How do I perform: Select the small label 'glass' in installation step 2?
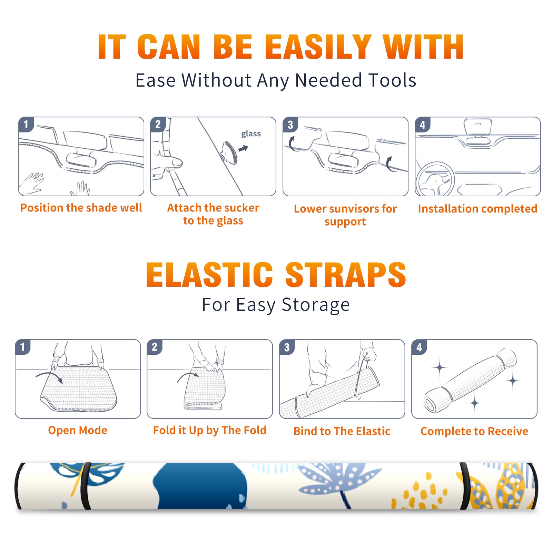tap(251, 134)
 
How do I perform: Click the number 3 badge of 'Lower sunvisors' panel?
tap(290, 125)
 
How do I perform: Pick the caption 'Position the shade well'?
tap(81, 208)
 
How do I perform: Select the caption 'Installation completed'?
tap(477, 208)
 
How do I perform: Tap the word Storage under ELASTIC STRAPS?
tap(316, 305)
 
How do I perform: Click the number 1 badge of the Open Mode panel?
tap(23, 347)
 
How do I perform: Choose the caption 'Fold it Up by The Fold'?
tap(210, 430)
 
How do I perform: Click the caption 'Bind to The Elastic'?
tap(342, 431)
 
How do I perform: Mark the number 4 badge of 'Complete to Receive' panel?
tap(419, 347)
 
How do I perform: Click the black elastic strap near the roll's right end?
tap(465, 486)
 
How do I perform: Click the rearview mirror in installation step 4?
tap(477, 126)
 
